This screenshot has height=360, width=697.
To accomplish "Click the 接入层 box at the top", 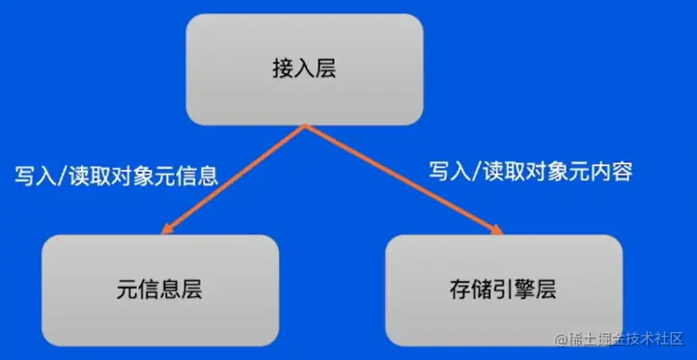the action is pos(305,69).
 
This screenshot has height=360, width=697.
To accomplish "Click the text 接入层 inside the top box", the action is pos(305,69).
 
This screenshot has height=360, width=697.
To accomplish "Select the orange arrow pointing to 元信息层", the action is pos(237,180).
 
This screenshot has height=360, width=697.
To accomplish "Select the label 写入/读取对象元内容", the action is pos(531,172).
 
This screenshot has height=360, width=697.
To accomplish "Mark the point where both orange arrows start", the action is pos(306,126).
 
